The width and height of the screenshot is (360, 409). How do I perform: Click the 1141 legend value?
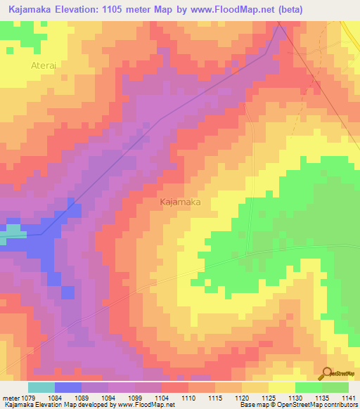(349, 398)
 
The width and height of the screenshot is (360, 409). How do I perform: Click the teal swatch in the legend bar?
(41, 387)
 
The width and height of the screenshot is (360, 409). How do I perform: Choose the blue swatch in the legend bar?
(68, 387)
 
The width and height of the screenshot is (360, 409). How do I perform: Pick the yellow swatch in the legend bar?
(281, 387)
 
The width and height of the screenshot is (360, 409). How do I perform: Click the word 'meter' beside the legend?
(12, 398)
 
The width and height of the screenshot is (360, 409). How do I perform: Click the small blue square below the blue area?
(67, 292)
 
